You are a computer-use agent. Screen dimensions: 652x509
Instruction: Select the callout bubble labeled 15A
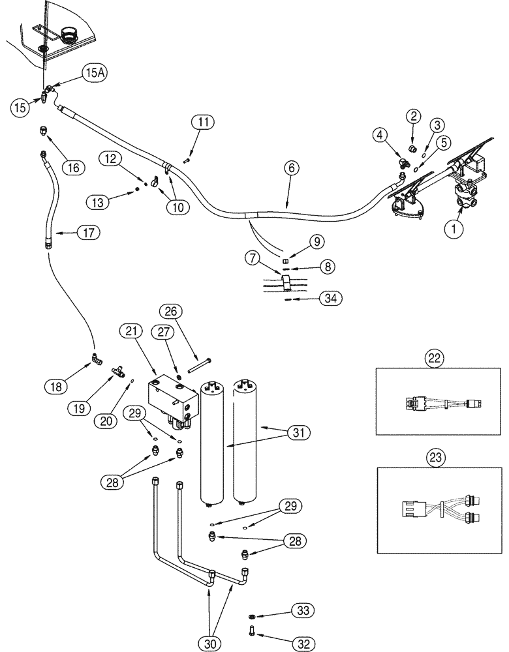(92, 74)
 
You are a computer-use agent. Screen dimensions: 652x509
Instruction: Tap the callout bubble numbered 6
(292, 168)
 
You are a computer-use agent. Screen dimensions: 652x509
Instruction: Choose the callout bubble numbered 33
(302, 610)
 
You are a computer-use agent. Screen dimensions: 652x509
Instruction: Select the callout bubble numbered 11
(202, 121)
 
